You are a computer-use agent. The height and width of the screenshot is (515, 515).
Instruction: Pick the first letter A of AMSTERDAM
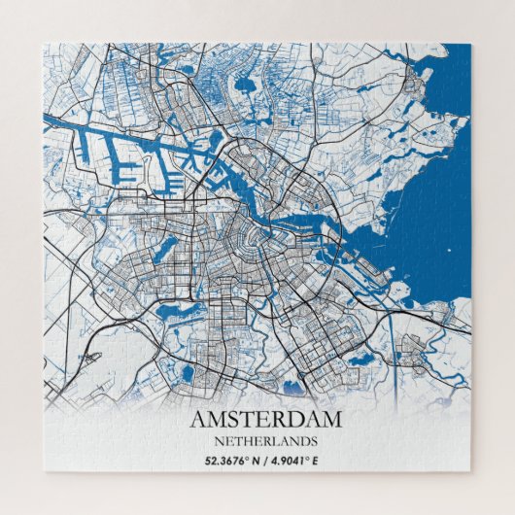[x=199, y=420]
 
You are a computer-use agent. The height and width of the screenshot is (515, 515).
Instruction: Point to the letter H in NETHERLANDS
[x=238, y=439]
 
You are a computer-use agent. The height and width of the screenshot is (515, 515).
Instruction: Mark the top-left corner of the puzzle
[x=44, y=44]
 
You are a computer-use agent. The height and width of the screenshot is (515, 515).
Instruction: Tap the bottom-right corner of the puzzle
[x=471, y=472]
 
